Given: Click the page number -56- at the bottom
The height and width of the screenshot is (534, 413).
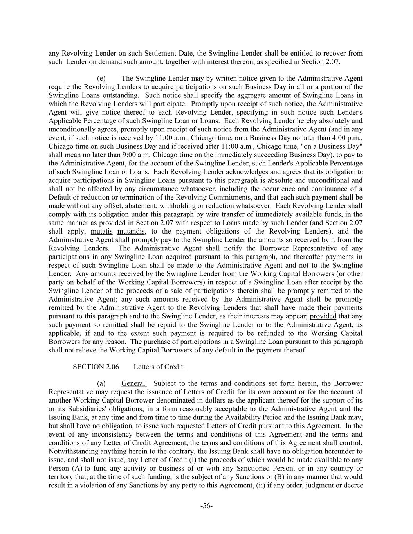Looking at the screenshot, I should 206,506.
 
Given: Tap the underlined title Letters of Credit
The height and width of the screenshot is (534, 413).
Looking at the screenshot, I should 159,367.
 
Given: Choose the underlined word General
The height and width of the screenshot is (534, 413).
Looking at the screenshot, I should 134,383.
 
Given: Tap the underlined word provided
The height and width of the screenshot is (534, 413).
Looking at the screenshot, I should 323,316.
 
